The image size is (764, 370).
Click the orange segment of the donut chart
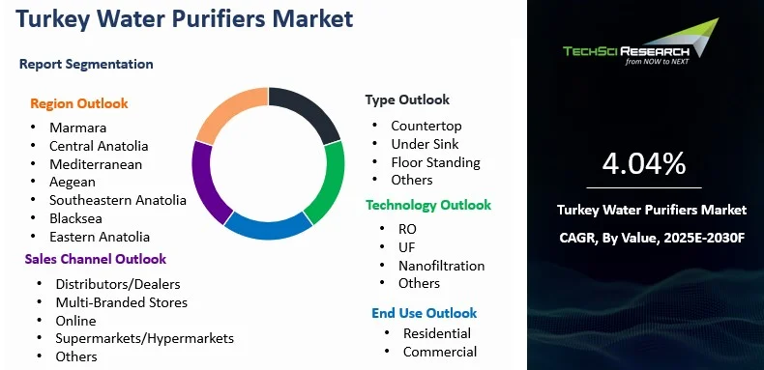[225, 112]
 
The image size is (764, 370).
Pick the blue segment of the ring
[268, 227]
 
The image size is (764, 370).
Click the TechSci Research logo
[641, 43]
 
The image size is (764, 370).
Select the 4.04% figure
[644, 163]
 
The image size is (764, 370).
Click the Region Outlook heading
[79, 103]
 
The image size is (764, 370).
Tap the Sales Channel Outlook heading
[96, 259]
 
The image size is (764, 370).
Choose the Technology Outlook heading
[428, 205]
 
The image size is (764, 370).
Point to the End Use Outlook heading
[424, 313]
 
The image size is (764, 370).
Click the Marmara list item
[78, 128]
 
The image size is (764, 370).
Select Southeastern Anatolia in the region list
[118, 200]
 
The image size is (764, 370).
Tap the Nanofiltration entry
[441, 266]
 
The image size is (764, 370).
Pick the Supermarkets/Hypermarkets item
[145, 338]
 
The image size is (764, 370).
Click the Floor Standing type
[435, 162]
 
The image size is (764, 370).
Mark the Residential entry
[437, 333]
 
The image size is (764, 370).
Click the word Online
[75, 321]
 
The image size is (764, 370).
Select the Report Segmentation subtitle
[86, 64]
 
